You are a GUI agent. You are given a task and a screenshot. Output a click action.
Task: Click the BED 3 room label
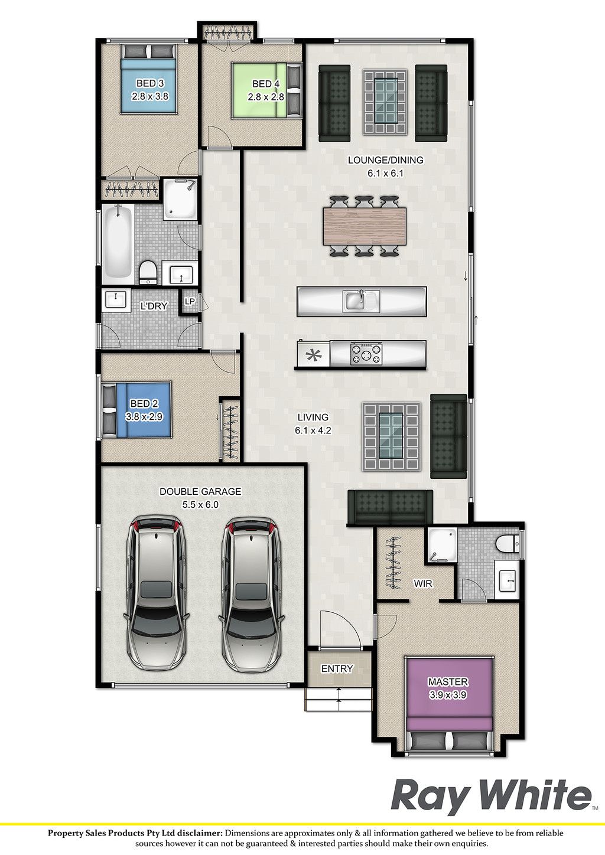tap(145, 83)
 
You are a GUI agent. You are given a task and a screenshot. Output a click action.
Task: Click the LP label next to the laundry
tap(190, 301)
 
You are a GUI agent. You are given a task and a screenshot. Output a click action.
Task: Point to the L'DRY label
tap(154, 305)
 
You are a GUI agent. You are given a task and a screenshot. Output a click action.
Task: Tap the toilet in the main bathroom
tap(148, 272)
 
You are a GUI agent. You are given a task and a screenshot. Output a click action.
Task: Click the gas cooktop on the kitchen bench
tap(366, 354)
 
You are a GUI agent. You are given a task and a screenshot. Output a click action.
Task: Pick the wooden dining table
tap(365, 226)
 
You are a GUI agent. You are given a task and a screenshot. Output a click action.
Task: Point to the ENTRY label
tap(337, 669)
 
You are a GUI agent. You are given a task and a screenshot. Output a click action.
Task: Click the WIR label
tap(423, 583)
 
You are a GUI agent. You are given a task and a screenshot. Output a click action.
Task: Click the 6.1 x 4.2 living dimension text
tap(313, 430)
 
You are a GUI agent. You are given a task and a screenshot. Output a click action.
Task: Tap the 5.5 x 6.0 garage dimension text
tap(200, 504)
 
